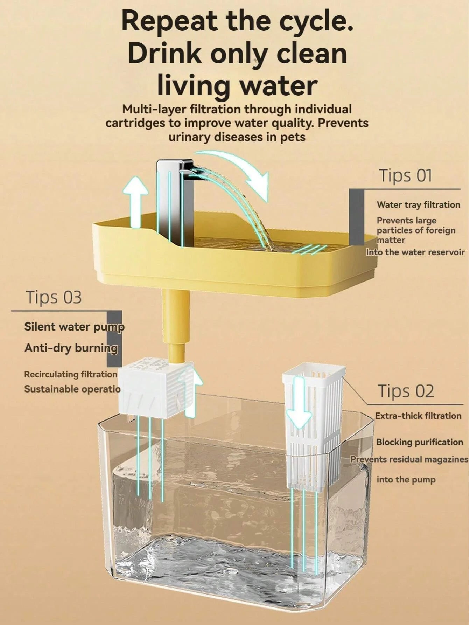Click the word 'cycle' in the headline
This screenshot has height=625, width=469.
(x=310, y=22)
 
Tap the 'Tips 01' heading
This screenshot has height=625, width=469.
(x=405, y=175)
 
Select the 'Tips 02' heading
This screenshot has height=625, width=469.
(x=406, y=391)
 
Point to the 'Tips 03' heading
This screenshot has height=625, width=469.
(x=54, y=297)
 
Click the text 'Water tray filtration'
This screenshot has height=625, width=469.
(x=418, y=205)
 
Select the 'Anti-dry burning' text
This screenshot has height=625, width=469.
(x=71, y=348)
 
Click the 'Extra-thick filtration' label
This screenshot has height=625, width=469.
(x=418, y=416)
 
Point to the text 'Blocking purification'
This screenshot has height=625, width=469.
(x=419, y=442)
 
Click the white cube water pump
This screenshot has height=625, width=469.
(x=150, y=389)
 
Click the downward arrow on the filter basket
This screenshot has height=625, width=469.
(x=299, y=403)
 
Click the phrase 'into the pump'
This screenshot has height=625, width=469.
(x=406, y=480)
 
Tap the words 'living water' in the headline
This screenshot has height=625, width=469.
(x=237, y=85)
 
